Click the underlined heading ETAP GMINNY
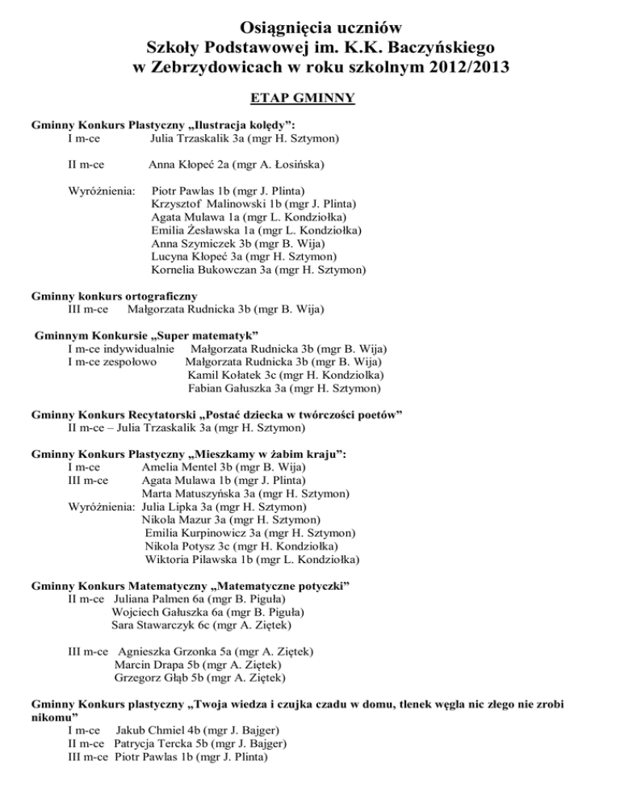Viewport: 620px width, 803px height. pos(311,99)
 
